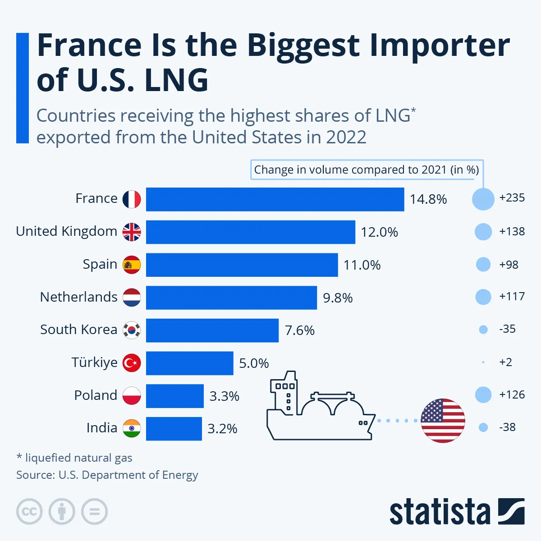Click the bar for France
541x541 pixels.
(x=275, y=199)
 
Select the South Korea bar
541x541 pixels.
(x=212, y=330)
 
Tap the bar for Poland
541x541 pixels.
(x=175, y=396)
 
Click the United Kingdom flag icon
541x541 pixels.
(x=132, y=232)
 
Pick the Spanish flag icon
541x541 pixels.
(x=132, y=265)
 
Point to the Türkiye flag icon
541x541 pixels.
(x=132, y=363)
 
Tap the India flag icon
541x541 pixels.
(x=132, y=428)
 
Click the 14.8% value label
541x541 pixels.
(x=428, y=199)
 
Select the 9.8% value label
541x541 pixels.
(x=338, y=298)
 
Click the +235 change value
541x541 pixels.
(x=512, y=198)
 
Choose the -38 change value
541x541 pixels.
(x=507, y=427)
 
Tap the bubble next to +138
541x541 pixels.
(x=483, y=232)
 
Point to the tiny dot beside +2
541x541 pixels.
(x=483, y=362)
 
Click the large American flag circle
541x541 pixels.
(x=443, y=421)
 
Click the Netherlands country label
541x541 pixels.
(x=78, y=297)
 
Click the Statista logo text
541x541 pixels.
(x=440, y=513)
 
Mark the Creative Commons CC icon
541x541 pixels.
(x=29, y=512)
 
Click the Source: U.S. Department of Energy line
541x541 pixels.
(x=107, y=475)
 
